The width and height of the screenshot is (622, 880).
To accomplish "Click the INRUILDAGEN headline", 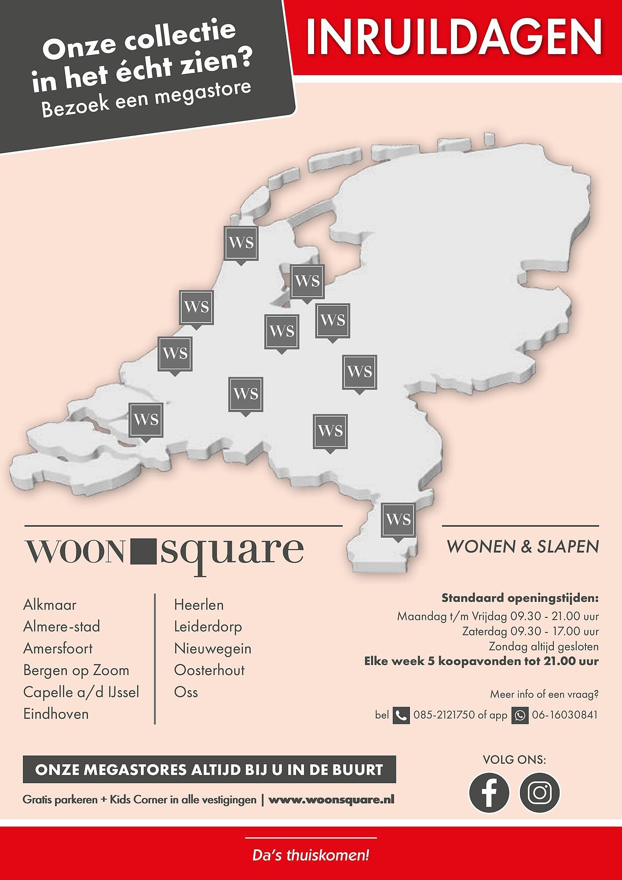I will [x=454, y=37].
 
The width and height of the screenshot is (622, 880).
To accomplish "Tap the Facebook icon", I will [x=489, y=792].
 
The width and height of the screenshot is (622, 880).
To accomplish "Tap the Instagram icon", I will [x=540, y=792].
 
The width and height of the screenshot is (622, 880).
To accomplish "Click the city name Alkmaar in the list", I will [x=50, y=605].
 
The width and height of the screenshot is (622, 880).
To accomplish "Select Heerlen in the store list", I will [x=199, y=605].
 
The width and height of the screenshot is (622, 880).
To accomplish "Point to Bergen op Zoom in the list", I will [x=76, y=670].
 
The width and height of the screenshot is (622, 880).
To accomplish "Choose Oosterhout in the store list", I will [x=209, y=670].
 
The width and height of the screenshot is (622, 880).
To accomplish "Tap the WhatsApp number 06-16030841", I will [x=565, y=715].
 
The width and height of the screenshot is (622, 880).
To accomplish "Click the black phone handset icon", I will [x=401, y=715].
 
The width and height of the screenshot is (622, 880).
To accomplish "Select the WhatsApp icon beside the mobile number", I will [x=520, y=715].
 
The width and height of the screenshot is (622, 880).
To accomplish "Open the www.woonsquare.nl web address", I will [x=331, y=799].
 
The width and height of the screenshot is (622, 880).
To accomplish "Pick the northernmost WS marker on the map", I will [x=241, y=243].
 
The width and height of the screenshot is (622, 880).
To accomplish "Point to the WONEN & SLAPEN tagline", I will [x=523, y=546].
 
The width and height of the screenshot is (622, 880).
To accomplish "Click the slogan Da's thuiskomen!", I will [x=311, y=856].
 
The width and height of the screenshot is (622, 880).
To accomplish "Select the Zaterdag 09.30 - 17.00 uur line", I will [x=530, y=631].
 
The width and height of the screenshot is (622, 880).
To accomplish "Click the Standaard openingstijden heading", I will [x=520, y=598].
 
